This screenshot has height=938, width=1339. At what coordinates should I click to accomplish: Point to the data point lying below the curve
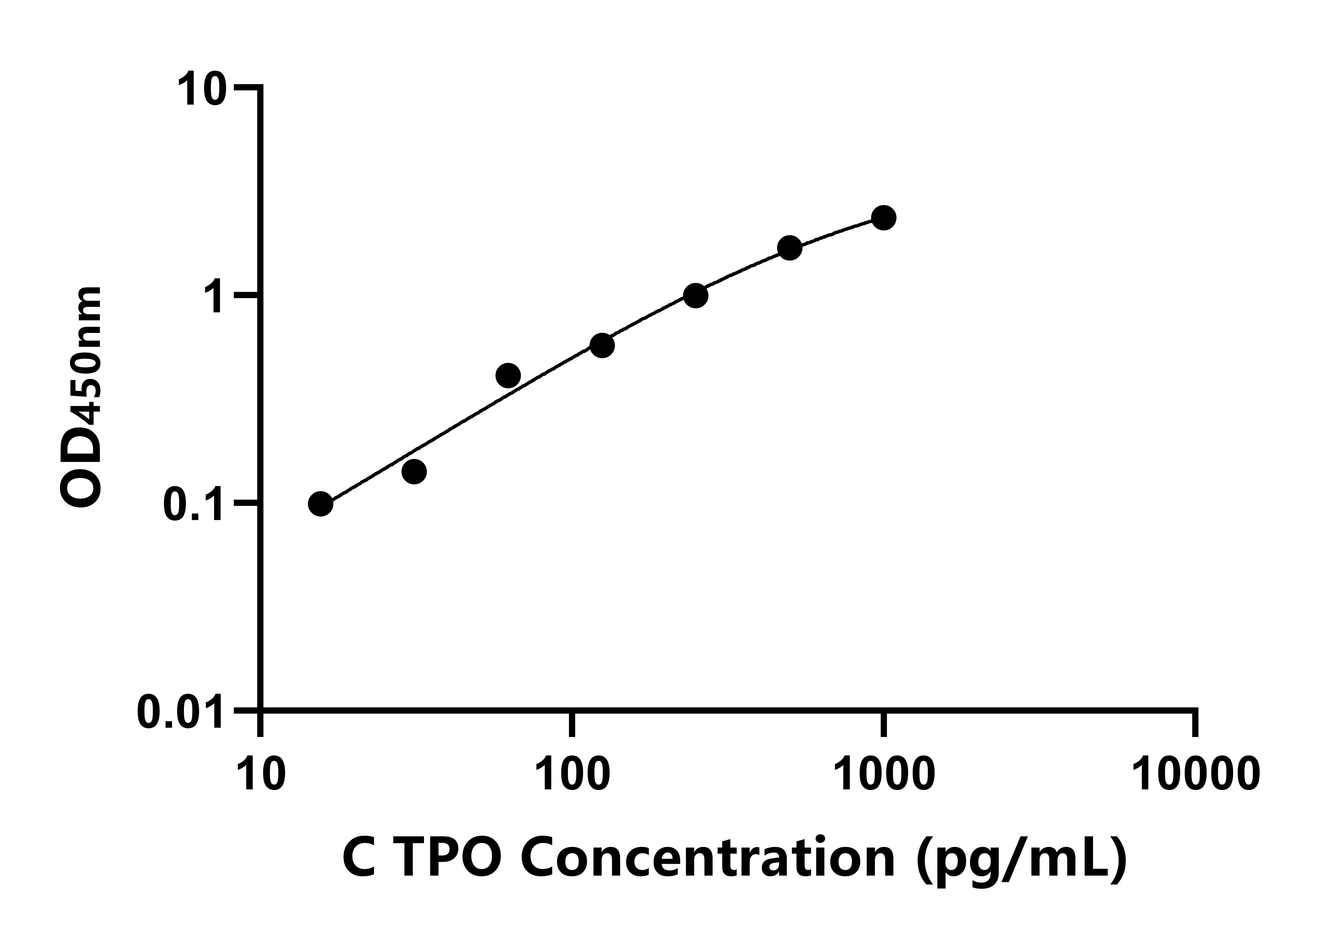pos(414,471)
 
